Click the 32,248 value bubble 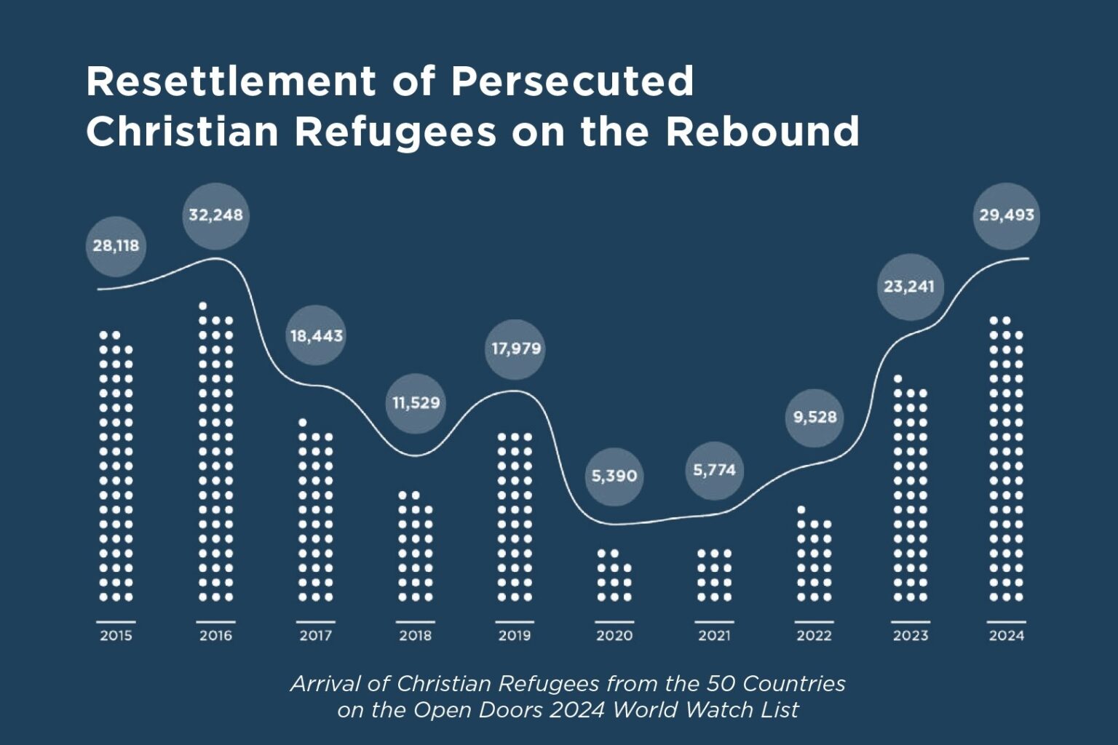pos(215,215)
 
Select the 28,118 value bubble pos(116,246)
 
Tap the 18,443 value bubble pos(316,336)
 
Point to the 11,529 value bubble pos(416,403)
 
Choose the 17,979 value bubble pos(515,348)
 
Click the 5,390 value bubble pos(614,477)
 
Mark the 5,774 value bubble pos(714,471)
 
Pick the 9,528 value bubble pos(814,418)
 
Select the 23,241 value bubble pos(909,287)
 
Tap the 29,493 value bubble pos(1006,215)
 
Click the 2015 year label pos(116,636)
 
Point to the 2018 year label pos(415,636)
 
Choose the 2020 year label pos(614,636)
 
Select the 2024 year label pos(1006,636)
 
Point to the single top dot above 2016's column pos(203,306)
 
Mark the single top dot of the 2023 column pos(897,378)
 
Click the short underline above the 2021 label pos(714,622)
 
